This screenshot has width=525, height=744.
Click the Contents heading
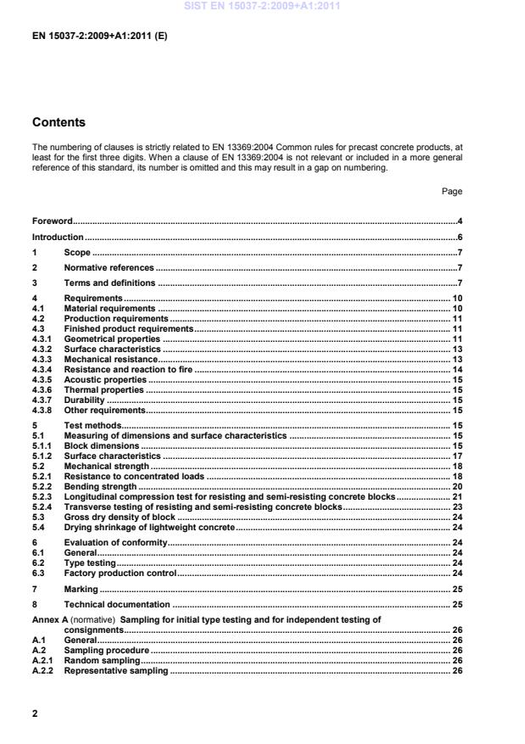(x=59, y=122)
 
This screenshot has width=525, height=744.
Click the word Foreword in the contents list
(x=52, y=221)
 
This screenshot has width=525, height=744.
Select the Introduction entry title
(x=58, y=237)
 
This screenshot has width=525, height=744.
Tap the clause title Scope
(x=77, y=252)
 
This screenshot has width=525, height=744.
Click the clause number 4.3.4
(x=43, y=370)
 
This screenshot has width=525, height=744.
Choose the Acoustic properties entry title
(x=103, y=379)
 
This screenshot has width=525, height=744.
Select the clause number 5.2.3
(x=43, y=496)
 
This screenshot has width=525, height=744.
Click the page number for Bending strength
(x=455, y=487)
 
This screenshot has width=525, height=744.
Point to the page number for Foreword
(x=459, y=221)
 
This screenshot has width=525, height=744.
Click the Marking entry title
(x=81, y=588)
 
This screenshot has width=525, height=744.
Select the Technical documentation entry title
(x=117, y=604)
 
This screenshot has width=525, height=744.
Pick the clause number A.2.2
(x=43, y=670)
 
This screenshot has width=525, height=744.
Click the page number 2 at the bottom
(x=35, y=713)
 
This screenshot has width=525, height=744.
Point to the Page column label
(x=451, y=192)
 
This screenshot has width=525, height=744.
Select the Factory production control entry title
(x=120, y=573)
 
